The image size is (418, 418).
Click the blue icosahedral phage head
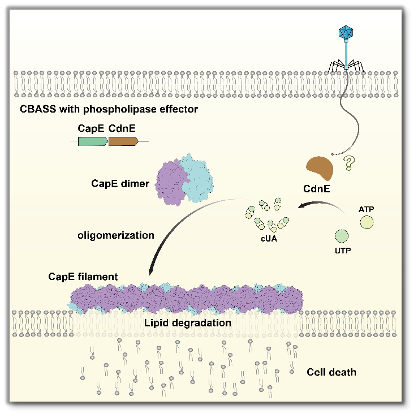click(x=345, y=32)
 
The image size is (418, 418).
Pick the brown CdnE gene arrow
click(x=123, y=141)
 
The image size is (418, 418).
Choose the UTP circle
click(x=341, y=235)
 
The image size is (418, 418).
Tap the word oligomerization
click(x=116, y=235)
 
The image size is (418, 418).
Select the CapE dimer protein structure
click(x=183, y=180)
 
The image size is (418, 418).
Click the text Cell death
click(x=331, y=372)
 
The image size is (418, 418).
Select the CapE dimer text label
click(x=120, y=183)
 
